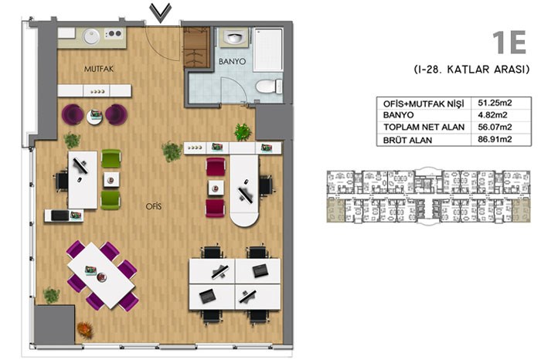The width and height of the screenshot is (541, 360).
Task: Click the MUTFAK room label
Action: tap(99, 69)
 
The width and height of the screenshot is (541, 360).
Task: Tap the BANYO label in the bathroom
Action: tap(232, 61)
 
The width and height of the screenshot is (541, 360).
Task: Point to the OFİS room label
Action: tap(154, 206)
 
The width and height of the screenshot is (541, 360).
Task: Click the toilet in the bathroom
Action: tap(269, 87)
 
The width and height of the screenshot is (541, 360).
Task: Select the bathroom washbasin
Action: tap(234, 37)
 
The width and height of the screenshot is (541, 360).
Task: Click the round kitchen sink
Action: tap(91, 36)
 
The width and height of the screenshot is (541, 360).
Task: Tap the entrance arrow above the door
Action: tap(161, 13)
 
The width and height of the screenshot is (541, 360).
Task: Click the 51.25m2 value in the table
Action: tap(495, 103)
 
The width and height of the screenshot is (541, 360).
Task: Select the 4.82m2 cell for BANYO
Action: tap(492, 115)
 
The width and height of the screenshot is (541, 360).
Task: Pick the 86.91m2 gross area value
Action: tap(495, 139)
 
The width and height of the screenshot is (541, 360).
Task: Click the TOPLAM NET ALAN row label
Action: tap(424, 127)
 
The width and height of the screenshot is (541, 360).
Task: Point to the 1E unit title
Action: tap(509, 42)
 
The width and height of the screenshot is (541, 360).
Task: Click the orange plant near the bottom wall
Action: tap(85, 330)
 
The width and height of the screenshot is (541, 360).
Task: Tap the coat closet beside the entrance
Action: tap(196, 47)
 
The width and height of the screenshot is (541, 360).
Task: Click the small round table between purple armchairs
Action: tap(94, 116)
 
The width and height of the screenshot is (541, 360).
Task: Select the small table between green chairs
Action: tap(111, 180)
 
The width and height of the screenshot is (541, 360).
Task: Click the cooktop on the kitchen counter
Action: tap(114, 34)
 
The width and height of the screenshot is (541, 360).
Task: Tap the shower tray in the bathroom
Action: tap(268, 50)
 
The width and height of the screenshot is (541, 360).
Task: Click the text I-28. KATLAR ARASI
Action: tap(471, 70)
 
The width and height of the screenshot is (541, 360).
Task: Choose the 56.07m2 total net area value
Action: tap(495, 127)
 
